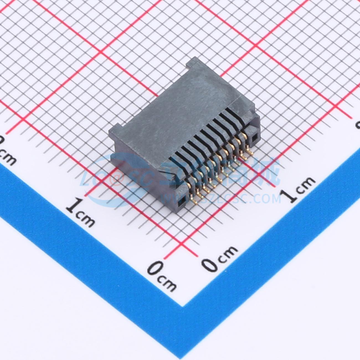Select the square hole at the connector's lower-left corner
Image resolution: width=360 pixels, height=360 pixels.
click(183, 200)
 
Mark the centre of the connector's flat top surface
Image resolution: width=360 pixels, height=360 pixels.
click(177, 111)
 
